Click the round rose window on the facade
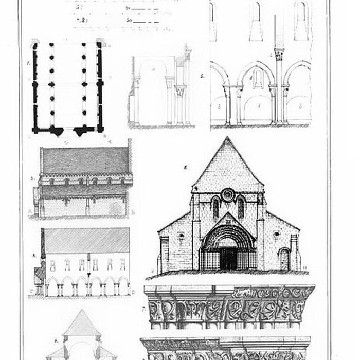coord(227,194)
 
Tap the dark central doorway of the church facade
coord(227,259)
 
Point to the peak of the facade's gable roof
coord(227,138)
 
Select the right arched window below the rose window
coord(240,208)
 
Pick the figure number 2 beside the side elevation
coord(32,178)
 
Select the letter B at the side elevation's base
coord(133,211)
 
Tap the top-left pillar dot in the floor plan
coord(51,45)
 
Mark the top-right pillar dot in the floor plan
coord(83,45)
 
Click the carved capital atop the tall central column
coord(279,53)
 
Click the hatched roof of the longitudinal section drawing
coord(86,240)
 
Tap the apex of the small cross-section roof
coord(80,311)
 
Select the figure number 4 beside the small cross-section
coord(55,341)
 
